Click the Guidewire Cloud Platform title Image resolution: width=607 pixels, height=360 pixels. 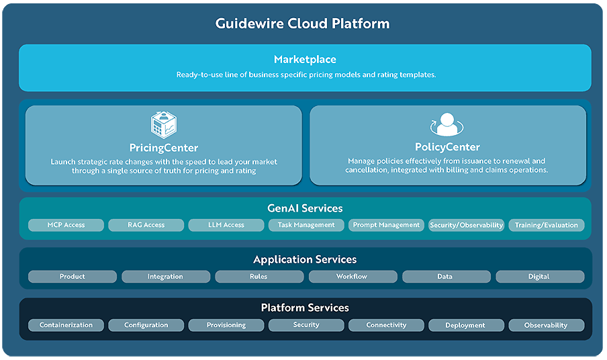(x=302, y=24)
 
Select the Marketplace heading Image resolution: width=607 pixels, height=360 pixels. (x=305, y=60)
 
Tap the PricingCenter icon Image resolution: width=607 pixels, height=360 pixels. (x=164, y=125)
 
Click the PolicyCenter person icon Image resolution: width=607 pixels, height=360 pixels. (x=447, y=126)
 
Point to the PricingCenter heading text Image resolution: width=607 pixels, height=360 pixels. (x=164, y=148)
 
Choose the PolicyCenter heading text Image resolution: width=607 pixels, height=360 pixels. (x=447, y=147)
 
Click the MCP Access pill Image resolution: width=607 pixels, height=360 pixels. (x=66, y=225)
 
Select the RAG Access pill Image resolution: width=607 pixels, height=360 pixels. (x=146, y=225)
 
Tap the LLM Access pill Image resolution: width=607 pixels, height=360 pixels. (x=226, y=225)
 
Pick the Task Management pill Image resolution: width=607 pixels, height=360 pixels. (x=306, y=225)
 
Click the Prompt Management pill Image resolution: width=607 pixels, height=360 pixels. (x=386, y=225)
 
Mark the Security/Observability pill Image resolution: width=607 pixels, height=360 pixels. (x=466, y=225)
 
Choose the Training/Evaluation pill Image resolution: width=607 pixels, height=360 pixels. (x=546, y=225)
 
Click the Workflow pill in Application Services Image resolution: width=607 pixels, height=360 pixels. (x=352, y=277)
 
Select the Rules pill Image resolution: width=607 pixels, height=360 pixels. (x=259, y=277)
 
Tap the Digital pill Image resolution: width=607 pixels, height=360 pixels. (x=539, y=277)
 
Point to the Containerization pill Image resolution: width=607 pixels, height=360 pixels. (x=66, y=325)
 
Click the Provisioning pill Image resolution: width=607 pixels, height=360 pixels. (x=226, y=325)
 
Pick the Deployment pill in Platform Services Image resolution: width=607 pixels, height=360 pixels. (x=465, y=325)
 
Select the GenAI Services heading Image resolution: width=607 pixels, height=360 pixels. (x=305, y=208)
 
